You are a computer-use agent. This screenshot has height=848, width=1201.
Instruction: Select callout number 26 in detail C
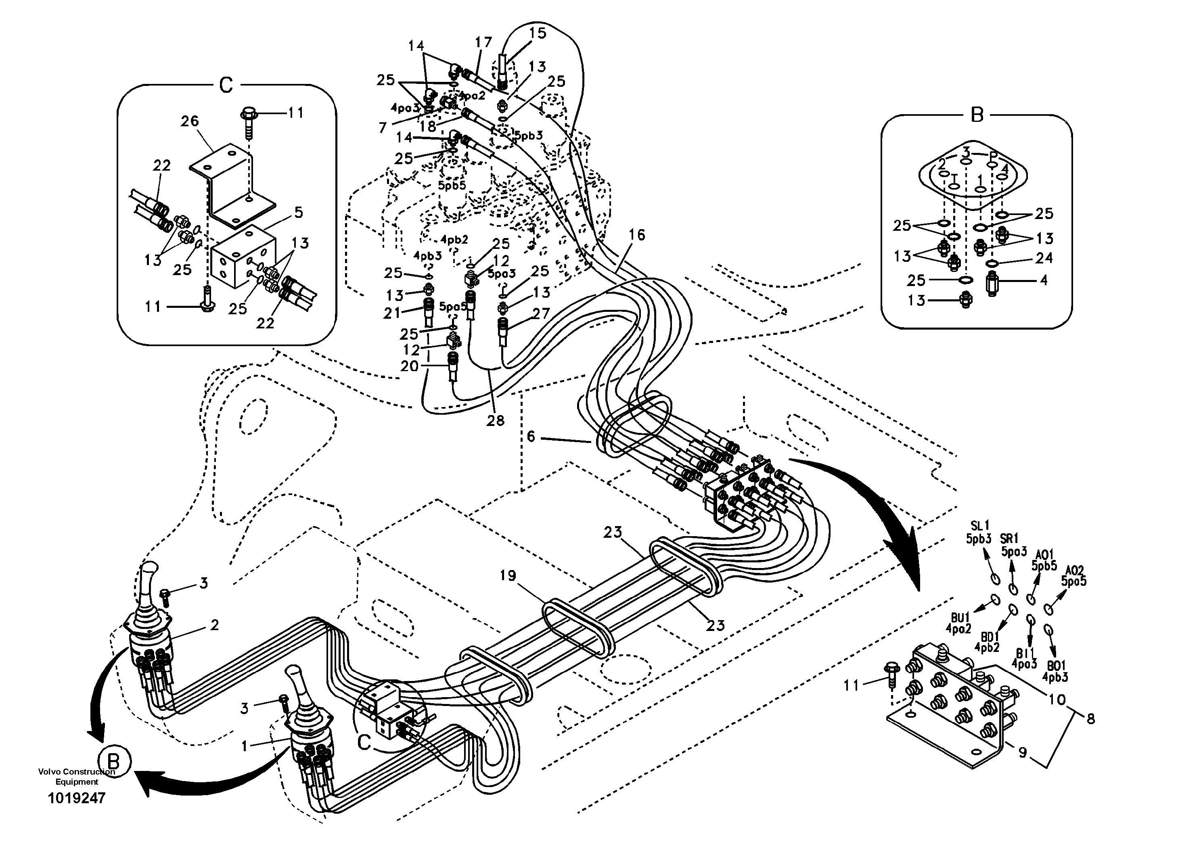coord(190,121)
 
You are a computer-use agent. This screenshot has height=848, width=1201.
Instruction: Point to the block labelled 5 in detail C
coord(244,256)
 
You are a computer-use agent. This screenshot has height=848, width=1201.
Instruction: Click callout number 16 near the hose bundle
coord(636,235)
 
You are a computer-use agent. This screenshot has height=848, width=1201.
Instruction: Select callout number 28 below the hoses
coord(495,420)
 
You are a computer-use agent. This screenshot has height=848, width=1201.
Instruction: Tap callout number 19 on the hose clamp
coord(507,576)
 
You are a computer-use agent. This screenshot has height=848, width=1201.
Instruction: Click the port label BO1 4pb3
coord(1055,672)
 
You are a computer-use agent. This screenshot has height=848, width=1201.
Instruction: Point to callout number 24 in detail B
coord(1044,258)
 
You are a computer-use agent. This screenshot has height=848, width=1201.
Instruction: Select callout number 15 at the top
coord(537,33)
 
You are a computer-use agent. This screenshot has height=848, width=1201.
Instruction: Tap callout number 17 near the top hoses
coord(484,42)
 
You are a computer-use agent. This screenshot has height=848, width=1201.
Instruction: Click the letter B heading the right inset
coord(977,115)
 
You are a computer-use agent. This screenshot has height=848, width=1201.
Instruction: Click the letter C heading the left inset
coord(226,85)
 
